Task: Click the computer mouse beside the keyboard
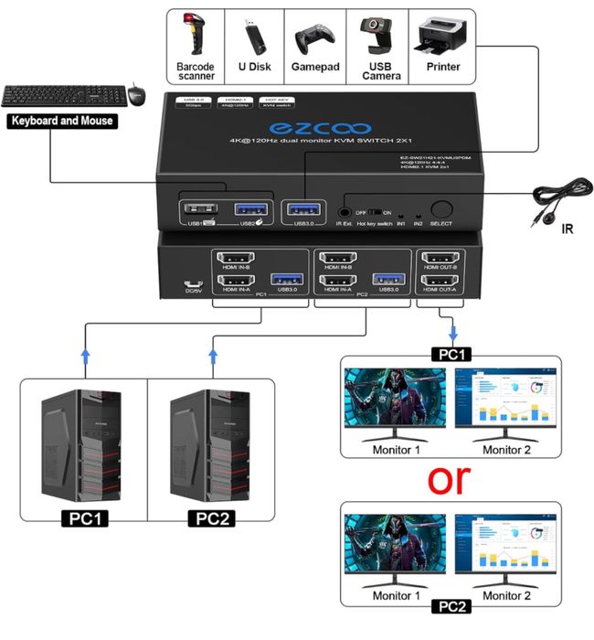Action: [x=136, y=93]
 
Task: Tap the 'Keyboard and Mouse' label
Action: [x=61, y=121]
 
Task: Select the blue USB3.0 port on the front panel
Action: [x=302, y=208]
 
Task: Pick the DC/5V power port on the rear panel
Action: [x=191, y=284]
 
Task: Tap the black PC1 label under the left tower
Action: [x=83, y=519]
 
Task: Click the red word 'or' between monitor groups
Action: [x=451, y=478]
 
